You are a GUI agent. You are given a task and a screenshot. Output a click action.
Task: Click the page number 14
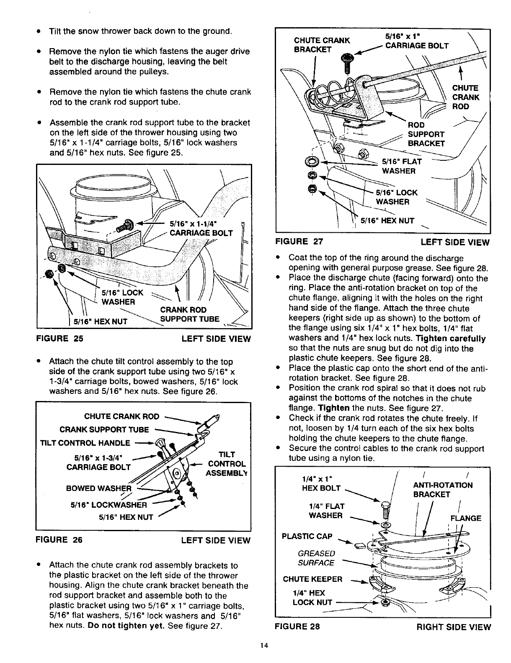pyautogui.click(x=263, y=645)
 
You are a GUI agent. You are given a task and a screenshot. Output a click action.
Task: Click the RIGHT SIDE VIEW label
pyautogui.click(x=453, y=627)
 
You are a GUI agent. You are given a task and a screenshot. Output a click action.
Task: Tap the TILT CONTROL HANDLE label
pyautogui.click(x=85, y=443)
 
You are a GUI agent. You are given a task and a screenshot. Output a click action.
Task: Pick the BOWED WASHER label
pyautogui.click(x=99, y=488)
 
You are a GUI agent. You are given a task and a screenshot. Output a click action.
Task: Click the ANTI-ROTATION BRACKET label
pyautogui.click(x=443, y=490)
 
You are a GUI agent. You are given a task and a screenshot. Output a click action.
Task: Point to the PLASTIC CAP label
pyautogui.click(x=307, y=536)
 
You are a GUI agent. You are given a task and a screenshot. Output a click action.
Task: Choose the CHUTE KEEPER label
pyautogui.click(x=312, y=579)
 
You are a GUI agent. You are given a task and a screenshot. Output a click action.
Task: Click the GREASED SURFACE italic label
pyautogui.click(x=316, y=558)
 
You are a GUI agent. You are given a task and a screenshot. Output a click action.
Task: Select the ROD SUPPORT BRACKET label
pyautogui.click(x=426, y=134)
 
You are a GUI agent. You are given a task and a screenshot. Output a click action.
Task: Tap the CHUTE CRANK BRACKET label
pyautogui.click(x=322, y=45)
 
